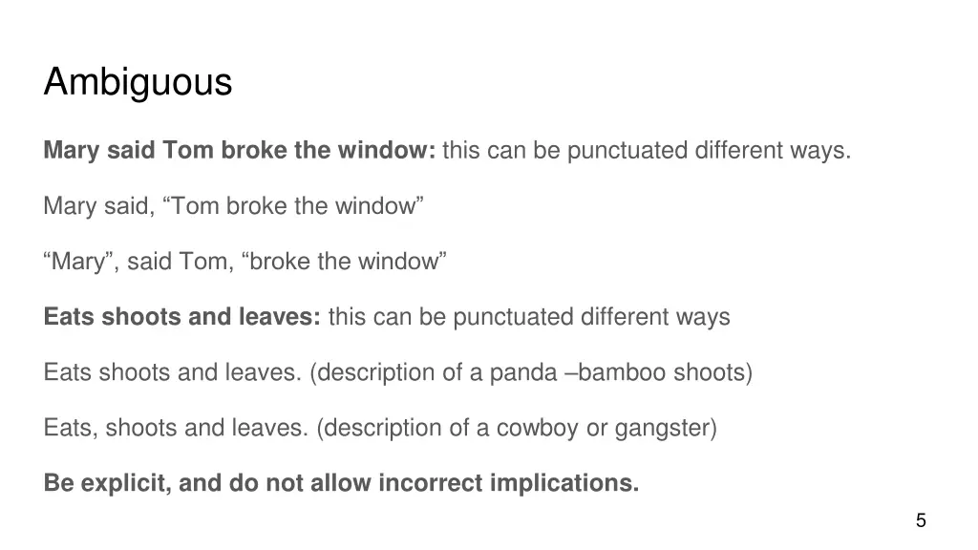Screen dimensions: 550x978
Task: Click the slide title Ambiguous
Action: pyautogui.click(x=138, y=82)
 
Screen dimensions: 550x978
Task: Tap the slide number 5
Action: pyautogui.click(x=921, y=520)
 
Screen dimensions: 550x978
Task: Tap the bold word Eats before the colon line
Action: pyautogui.click(x=70, y=317)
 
